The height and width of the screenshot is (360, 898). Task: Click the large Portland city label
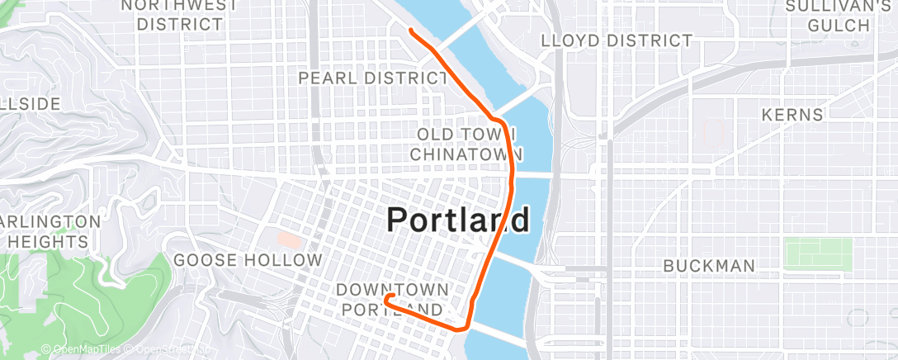458,220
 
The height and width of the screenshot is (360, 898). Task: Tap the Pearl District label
372,78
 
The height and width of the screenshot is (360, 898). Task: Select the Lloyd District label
616,40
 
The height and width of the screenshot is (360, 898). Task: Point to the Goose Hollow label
248,261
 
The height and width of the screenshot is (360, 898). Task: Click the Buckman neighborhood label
710,266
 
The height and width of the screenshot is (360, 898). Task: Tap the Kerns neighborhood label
792,115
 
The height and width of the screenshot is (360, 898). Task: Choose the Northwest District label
180,15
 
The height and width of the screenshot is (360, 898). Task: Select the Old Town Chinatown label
466,144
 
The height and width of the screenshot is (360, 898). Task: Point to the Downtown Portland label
393,299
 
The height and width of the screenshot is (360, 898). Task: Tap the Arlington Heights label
51,232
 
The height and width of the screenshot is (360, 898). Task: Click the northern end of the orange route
411,31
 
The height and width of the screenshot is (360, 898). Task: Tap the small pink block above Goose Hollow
289,240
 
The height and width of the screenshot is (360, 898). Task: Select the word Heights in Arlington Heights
48,242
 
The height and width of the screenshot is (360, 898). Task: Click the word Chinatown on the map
466,154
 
